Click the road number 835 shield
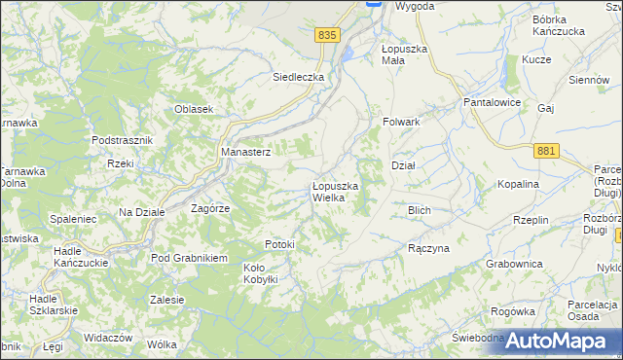pyautogui.click(x=327, y=35)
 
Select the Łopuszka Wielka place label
pyautogui.click(x=336, y=192)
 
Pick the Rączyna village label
pyautogui.click(x=428, y=248)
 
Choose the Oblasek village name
pyautogui.click(x=194, y=109)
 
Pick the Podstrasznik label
pyautogui.click(x=123, y=140)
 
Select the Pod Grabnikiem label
pyautogui.click(x=188, y=258)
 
